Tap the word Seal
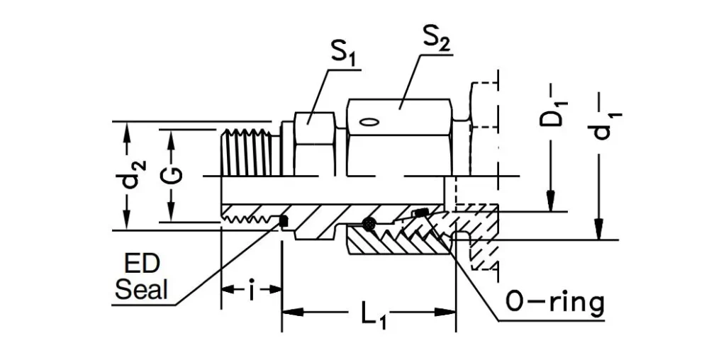click(142, 290)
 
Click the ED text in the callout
click(142, 266)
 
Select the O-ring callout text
click(555, 303)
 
